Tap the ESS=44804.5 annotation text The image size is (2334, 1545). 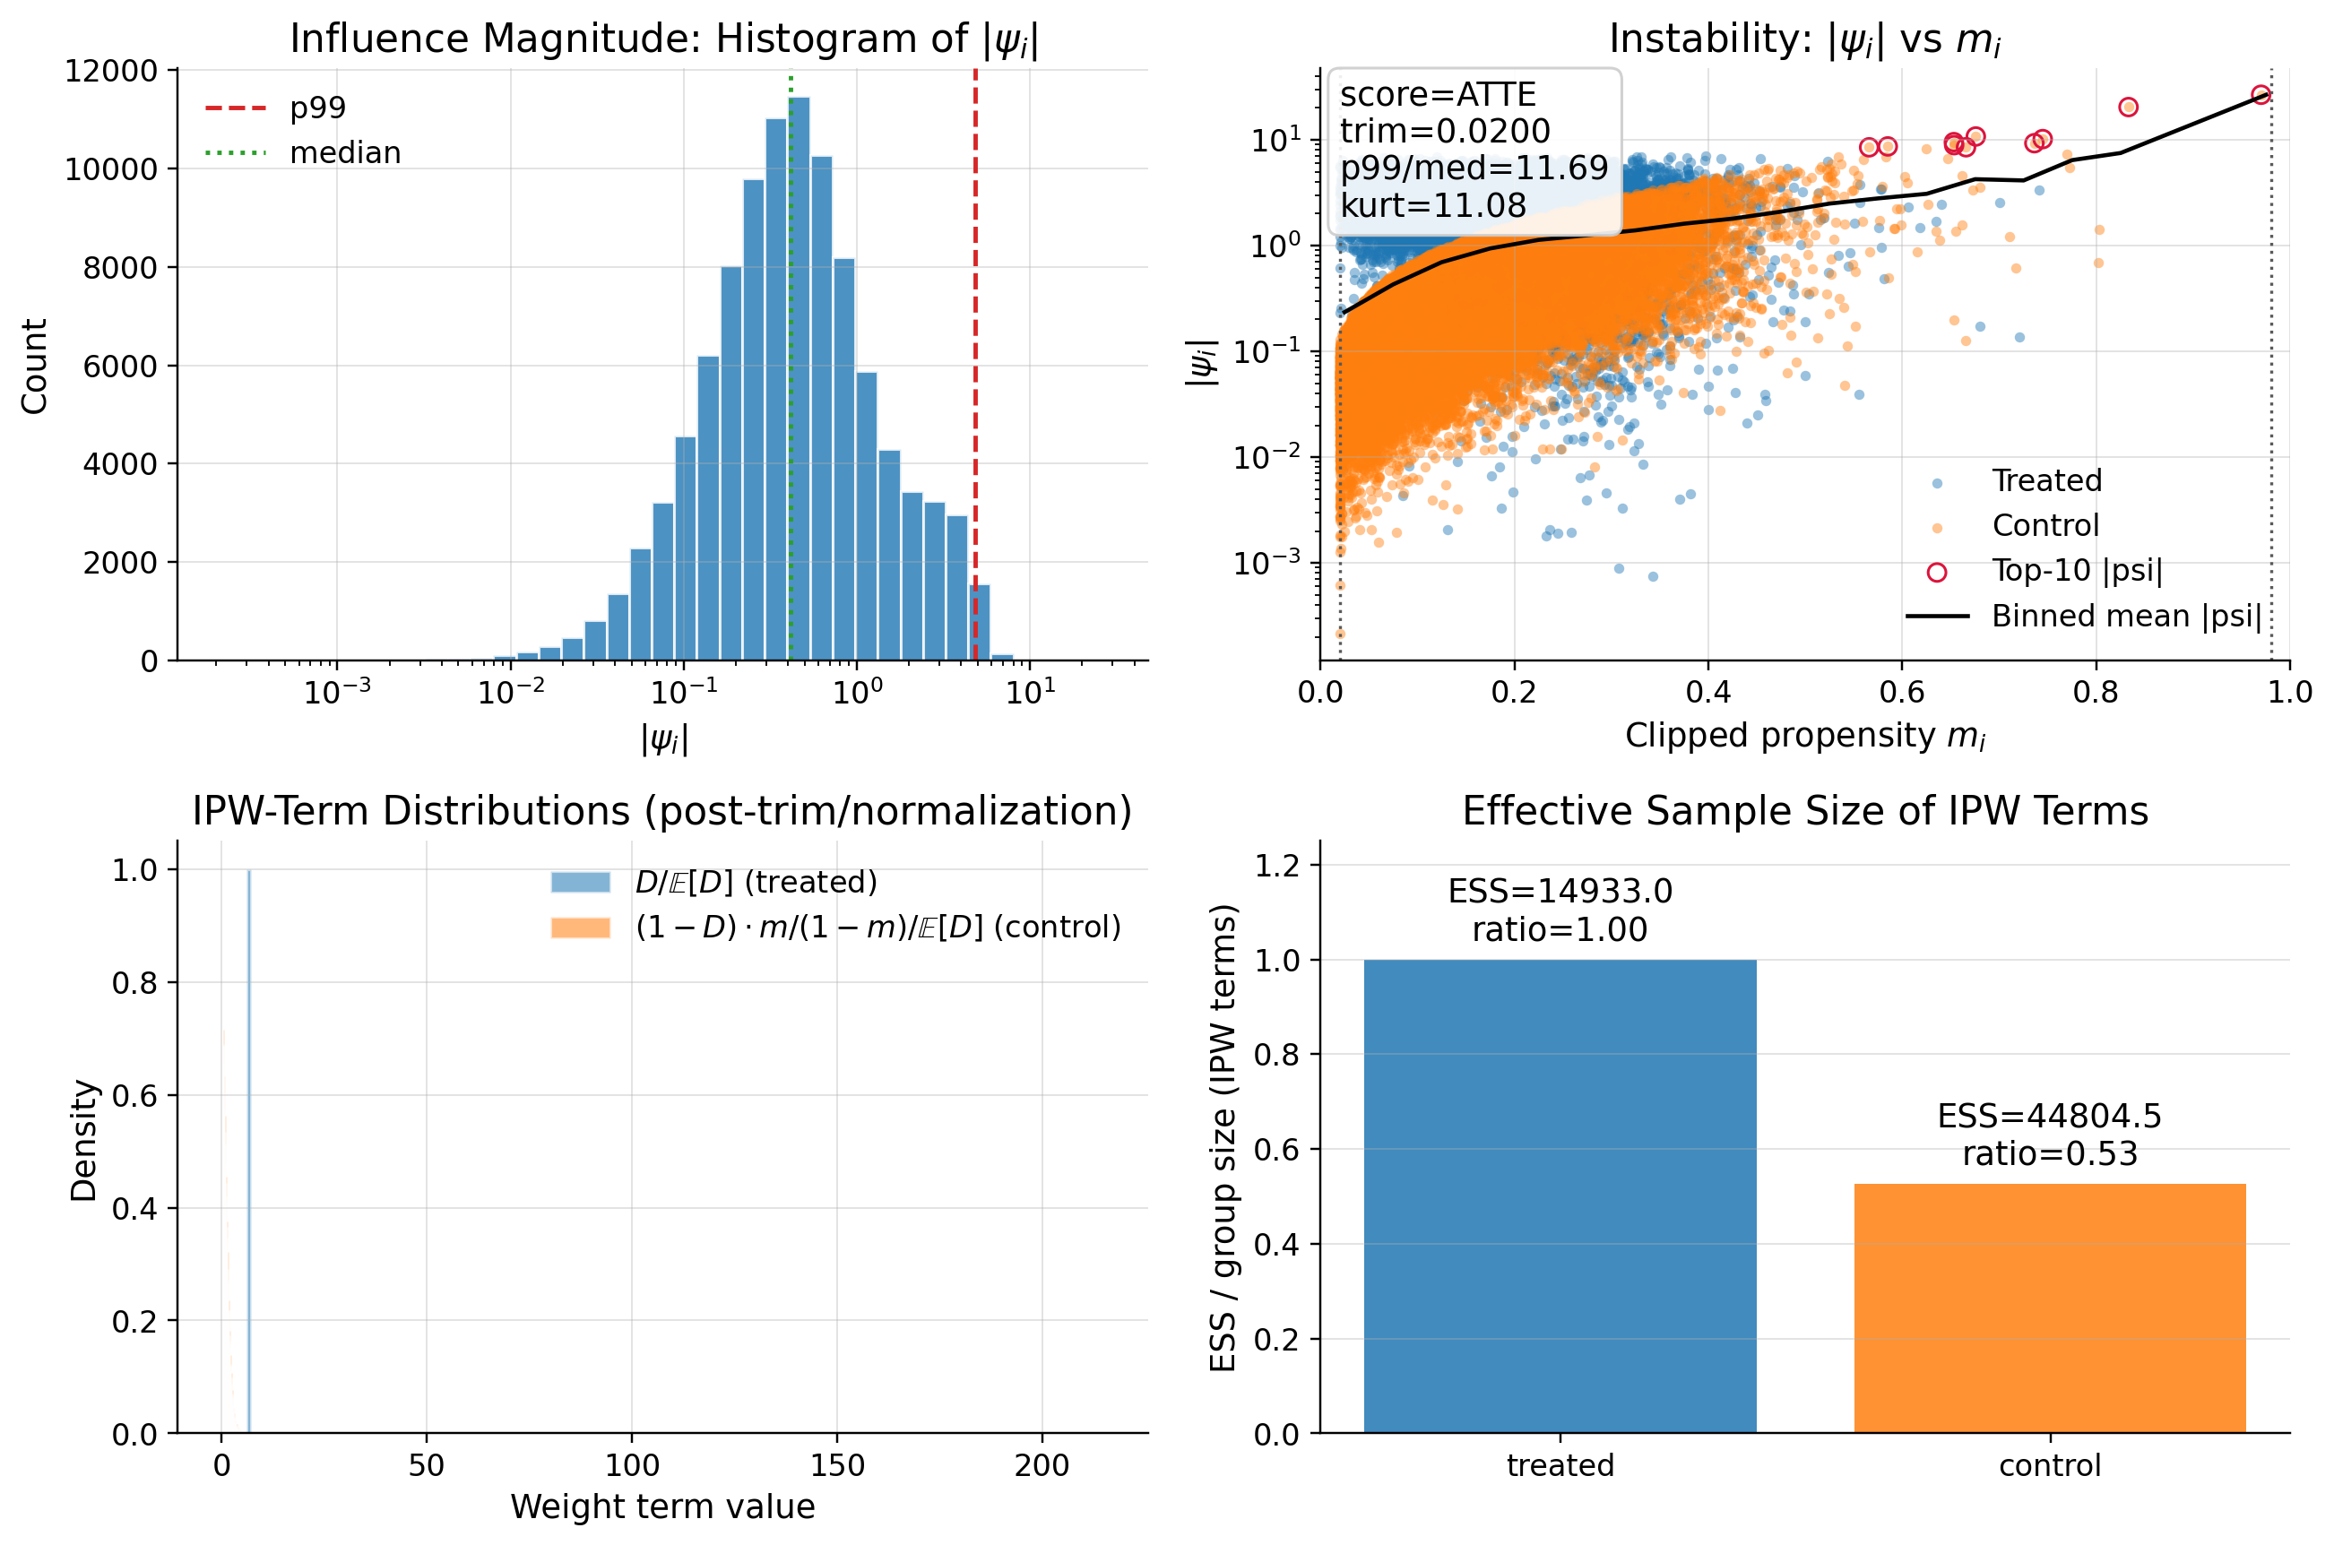click(x=2048, y=1116)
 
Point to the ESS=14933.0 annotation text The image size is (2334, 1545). click(x=1559, y=891)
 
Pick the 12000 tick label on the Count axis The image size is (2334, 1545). click(x=110, y=71)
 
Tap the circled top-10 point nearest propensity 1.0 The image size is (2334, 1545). click(x=2261, y=95)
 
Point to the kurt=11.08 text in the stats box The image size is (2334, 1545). click(x=1432, y=205)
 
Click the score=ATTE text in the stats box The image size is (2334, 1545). click(x=1438, y=95)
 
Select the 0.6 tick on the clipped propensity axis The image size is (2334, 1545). click(x=1901, y=692)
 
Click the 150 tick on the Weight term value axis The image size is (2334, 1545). click(x=836, y=1465)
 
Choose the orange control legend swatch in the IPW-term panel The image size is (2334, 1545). click(x=580, y=928)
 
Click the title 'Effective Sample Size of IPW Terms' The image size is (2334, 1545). click(x=1804, y=811)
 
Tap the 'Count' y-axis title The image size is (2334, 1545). click(x=34, y=366)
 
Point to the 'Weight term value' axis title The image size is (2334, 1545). click(x=662, y=1506)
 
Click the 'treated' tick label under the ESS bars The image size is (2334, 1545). click(x=1560, y=1465)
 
